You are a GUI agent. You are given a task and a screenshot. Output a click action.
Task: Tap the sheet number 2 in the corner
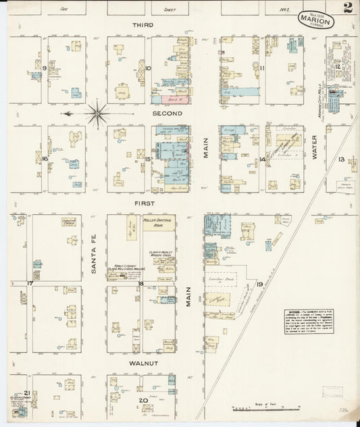point(346,9)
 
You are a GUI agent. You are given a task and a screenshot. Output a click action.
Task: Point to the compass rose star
point(99,113)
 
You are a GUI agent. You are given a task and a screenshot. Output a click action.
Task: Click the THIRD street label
point(143,25)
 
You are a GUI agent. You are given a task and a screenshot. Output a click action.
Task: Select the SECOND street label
point(167,114)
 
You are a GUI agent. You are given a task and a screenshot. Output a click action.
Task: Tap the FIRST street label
point(144,203)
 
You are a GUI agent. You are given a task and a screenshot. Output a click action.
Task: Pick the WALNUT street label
point(144,363)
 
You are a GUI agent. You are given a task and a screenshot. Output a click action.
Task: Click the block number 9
point(44,68)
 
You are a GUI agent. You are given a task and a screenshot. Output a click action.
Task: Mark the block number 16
point(45,159)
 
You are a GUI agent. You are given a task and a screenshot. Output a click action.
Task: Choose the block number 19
point(259,285)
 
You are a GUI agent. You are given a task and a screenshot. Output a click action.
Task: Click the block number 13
point(342,159)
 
